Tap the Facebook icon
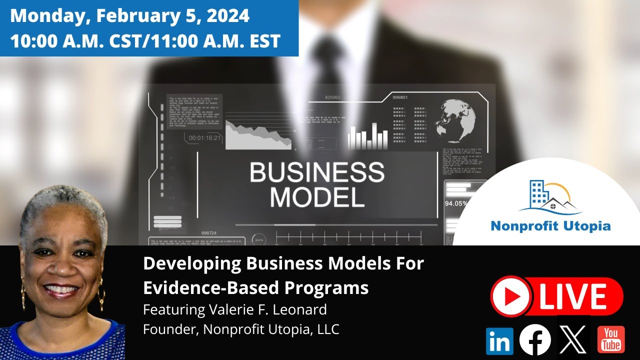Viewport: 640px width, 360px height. [535, 340]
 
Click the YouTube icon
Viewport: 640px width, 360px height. [610, 339]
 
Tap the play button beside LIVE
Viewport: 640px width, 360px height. [510, 297]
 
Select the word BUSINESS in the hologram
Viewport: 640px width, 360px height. [317, 173]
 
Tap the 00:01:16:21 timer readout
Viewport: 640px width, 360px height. [205, 137]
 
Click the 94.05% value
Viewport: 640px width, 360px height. [456, 203]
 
